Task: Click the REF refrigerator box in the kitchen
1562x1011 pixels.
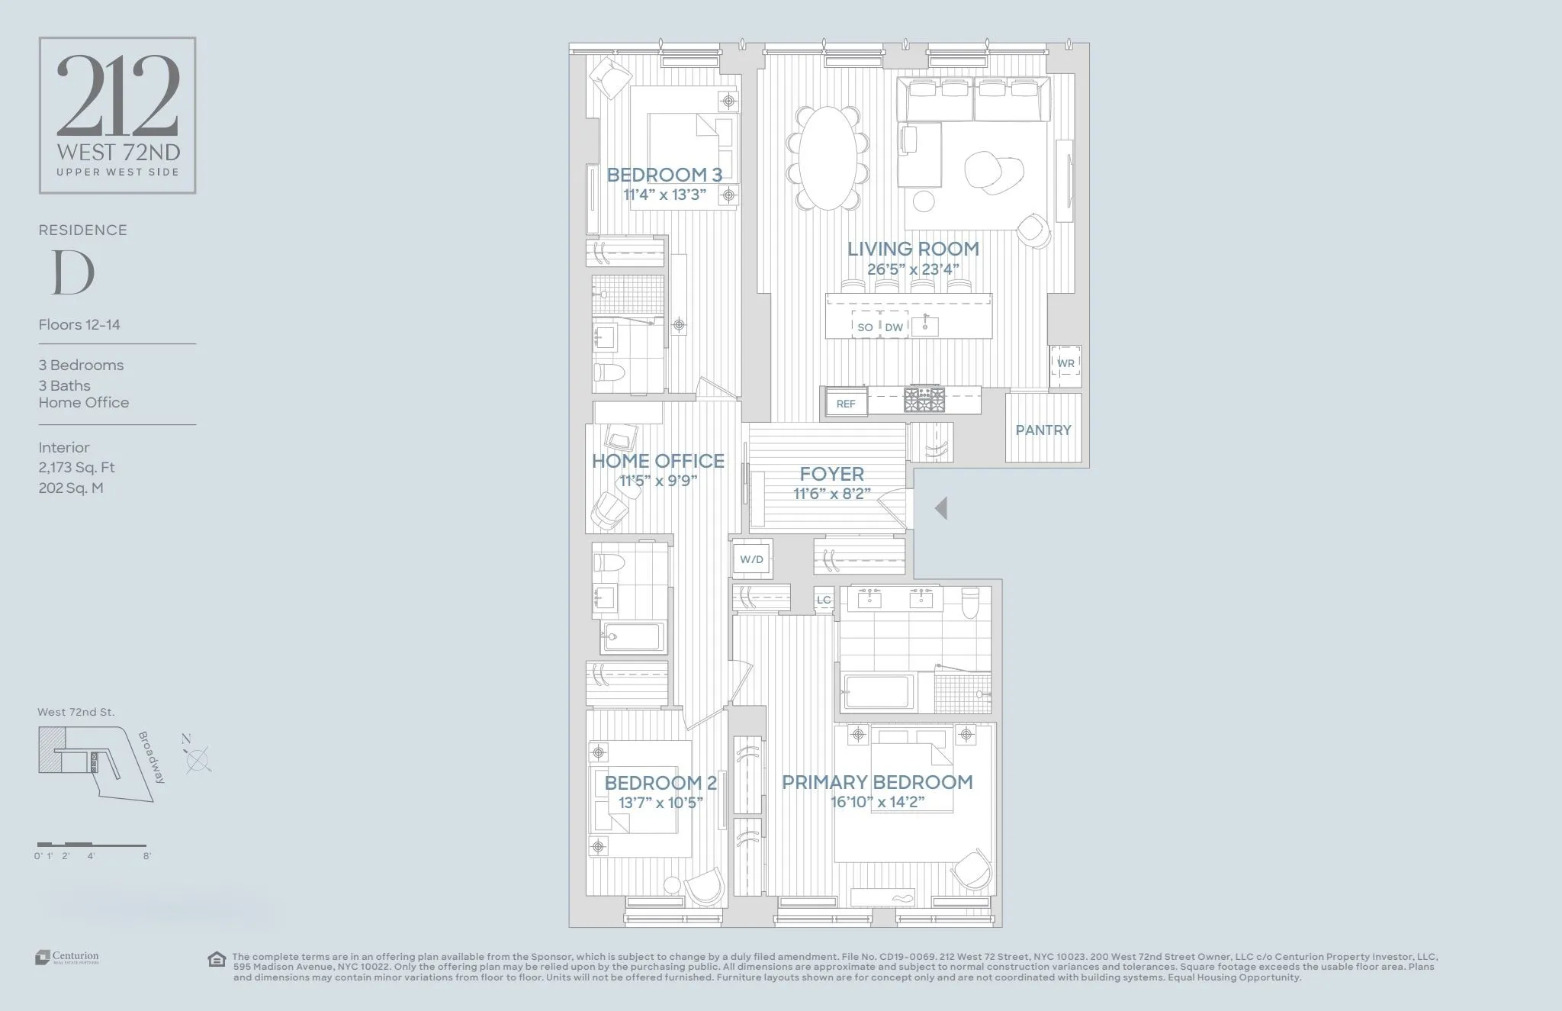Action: click(846, 404)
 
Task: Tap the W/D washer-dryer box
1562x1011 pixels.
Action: click(751, 559)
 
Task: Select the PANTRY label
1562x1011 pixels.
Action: click(1043, 430)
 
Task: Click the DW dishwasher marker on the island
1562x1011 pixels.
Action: click(894, 327)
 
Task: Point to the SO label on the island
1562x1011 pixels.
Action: click(865, 327)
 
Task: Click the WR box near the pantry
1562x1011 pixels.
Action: click(1065, 363)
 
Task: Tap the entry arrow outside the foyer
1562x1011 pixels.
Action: click(941, 508)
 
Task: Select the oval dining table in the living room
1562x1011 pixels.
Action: click(827, 157)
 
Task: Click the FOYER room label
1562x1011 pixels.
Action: click(831, 474)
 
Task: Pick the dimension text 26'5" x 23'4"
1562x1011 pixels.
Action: click(912, 269)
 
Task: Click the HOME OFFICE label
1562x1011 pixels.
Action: click(657, 461)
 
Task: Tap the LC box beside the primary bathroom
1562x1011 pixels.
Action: click(824, 600)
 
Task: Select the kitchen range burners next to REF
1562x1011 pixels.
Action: click(924, 399)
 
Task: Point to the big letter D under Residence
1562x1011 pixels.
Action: click(72, 272)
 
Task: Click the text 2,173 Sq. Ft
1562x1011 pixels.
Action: click(76, 467)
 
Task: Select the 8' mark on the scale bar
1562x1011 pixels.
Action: click(146, 855)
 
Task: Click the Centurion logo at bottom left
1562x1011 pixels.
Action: click(67, 957)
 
